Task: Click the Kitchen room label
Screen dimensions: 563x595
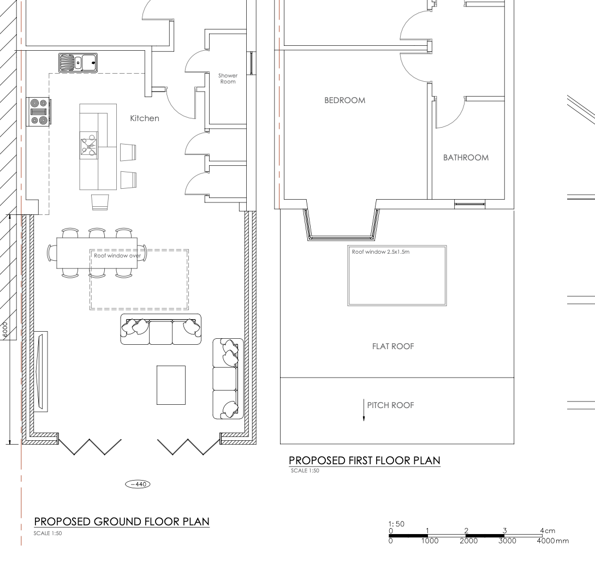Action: coord(145,118)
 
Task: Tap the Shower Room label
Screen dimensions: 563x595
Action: coord(228,79)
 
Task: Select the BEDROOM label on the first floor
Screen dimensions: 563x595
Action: coord(344,101)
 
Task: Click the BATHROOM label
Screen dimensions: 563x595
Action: coord(466,158)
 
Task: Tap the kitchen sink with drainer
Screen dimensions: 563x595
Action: coord(78,63)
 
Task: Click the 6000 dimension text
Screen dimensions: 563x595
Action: coord(5,330)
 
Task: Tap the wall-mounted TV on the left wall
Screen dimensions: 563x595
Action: coord(40,372)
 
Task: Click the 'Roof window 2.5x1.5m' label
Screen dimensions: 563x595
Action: coord(382,252)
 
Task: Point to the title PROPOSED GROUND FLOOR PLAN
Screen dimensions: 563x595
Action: coord(122,522)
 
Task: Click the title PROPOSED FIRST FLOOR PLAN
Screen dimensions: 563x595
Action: coord(364,460)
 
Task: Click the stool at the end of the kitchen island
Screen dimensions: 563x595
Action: coord(100,202)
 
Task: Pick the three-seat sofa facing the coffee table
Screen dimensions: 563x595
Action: coord(160,330)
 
